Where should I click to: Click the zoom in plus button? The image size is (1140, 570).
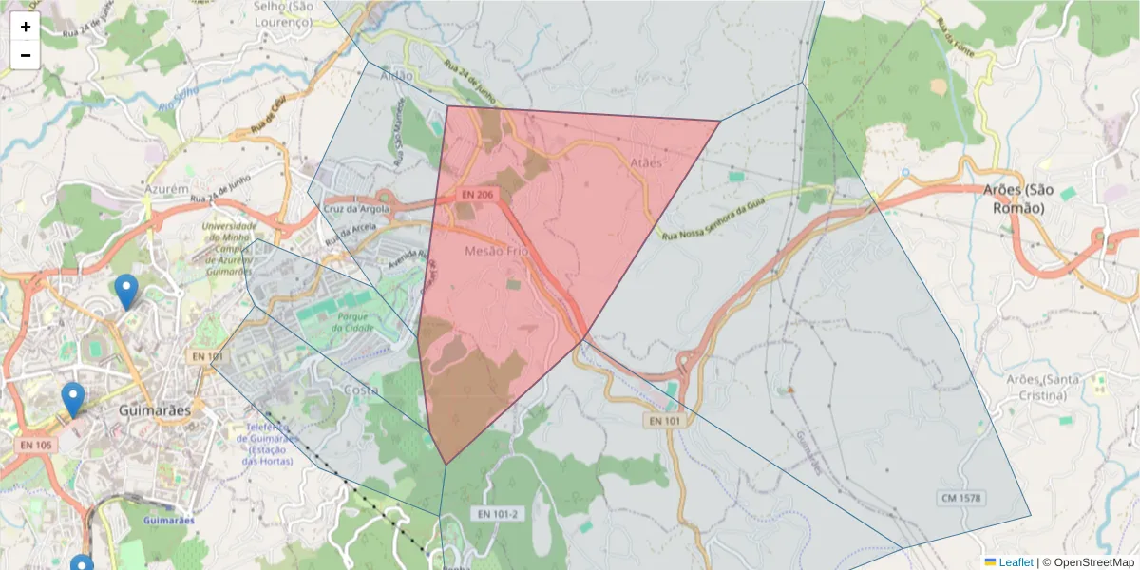26,27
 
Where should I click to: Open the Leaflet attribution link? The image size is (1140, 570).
1015,562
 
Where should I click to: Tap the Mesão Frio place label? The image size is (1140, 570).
496,251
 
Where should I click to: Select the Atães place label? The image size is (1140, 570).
645,163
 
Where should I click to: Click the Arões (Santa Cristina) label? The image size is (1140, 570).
1043,387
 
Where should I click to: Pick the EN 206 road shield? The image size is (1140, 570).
476,195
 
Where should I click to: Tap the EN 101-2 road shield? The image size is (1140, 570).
498,514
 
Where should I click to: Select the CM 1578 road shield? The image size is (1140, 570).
960,498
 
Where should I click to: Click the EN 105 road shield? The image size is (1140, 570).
36,445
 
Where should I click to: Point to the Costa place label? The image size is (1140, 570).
360,390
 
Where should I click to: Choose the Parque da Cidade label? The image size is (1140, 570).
353,322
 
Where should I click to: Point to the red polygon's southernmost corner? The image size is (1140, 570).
446,465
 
